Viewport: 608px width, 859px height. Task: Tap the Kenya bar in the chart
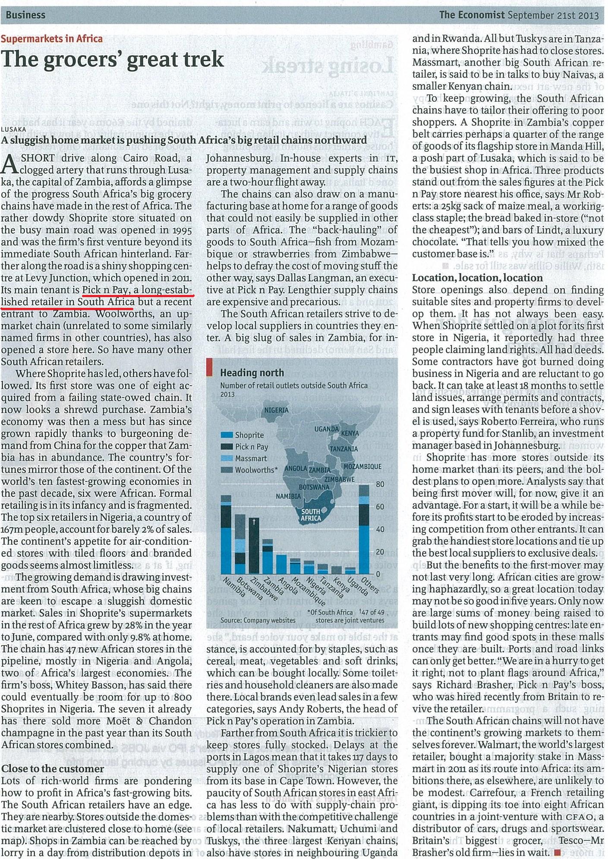coord(337,571)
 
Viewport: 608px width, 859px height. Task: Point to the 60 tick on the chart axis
coord(380,507)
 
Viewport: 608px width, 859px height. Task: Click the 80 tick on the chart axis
coord(380,484)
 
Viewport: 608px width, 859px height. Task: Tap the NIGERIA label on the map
coord(276,410)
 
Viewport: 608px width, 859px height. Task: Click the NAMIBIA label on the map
coord(288,496)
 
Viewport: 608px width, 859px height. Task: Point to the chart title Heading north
coord(252,373)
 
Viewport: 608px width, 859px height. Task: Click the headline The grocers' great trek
coord(113,59)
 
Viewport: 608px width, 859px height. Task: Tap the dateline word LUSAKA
coord(13,129)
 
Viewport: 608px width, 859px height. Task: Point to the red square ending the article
coord(557,852)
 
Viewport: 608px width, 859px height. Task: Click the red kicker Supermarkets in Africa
coord(52,39)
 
